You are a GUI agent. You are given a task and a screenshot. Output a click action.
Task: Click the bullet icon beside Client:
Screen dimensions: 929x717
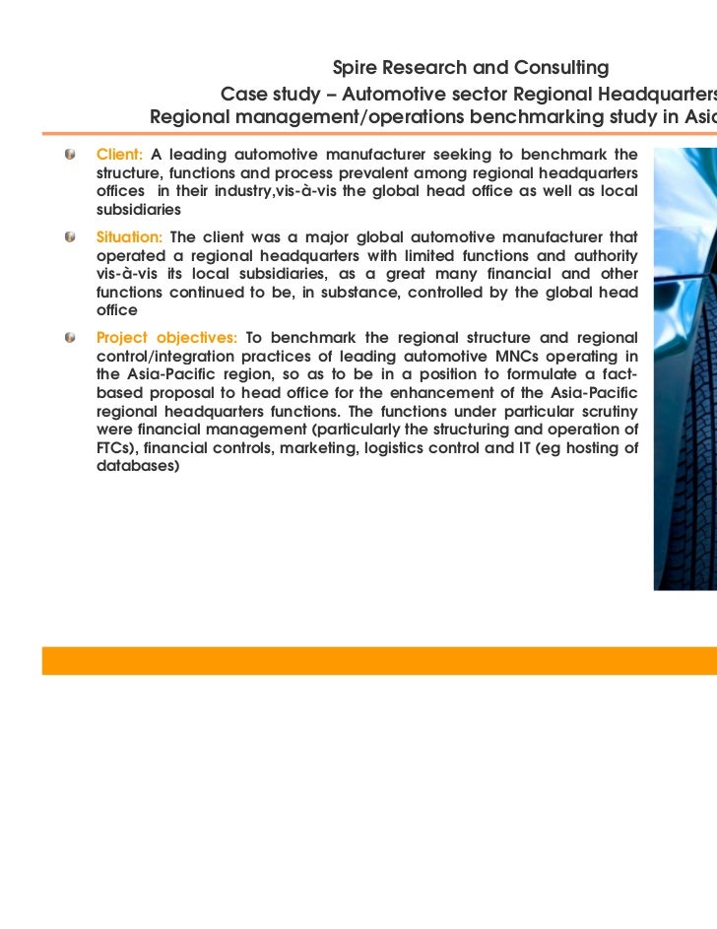point(71,155)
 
